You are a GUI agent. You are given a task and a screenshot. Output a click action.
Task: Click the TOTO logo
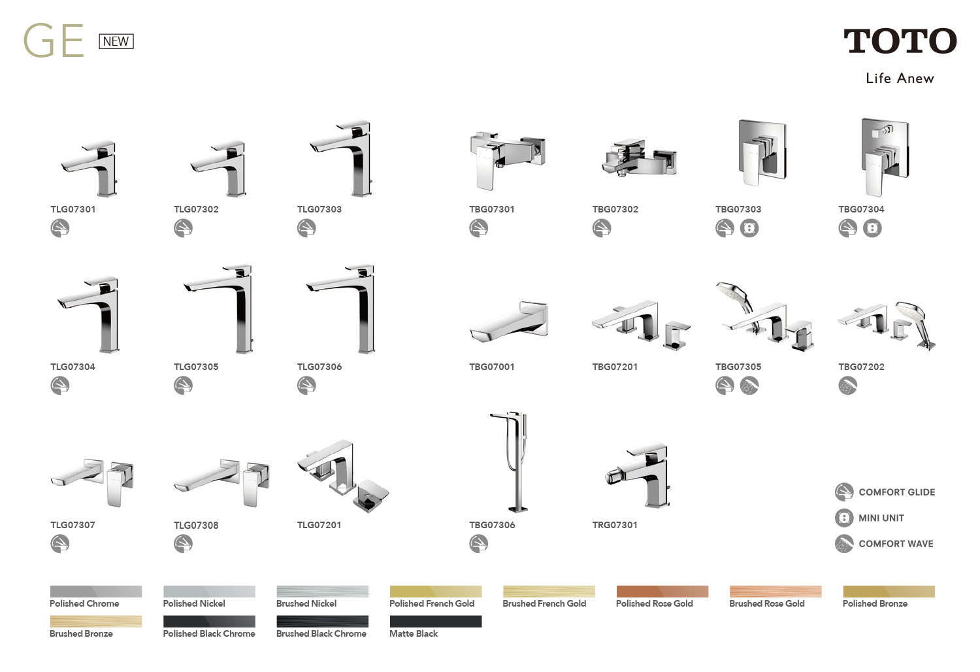tap(900, 41)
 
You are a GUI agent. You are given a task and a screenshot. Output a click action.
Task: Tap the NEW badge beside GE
tap(116, 41)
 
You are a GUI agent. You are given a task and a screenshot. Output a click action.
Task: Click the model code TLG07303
tap(319, 209)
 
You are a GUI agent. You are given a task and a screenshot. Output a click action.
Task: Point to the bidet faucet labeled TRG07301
tap(640, 475)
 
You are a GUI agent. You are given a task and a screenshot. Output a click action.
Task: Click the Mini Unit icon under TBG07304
tap(872, 228)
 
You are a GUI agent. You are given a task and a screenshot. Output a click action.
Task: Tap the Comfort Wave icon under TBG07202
tap(847, 386)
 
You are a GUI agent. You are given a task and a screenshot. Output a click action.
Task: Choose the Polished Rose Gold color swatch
tap(662, 592)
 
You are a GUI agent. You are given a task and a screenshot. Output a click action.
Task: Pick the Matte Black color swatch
tap(436, 621)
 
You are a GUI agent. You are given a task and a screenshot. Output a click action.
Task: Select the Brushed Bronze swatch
tap(96, 621)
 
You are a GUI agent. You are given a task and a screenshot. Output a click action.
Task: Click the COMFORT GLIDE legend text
tap(897, 492)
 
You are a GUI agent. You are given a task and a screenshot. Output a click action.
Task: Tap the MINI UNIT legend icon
tap(844, 518)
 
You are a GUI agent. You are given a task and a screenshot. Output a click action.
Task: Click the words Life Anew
tap(900, 78)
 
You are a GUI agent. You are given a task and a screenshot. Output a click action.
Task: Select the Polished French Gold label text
tap(432, 604)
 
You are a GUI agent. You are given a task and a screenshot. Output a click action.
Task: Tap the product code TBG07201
tap(615, 367)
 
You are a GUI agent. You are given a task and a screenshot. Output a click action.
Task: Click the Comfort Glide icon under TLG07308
tap(183, 544)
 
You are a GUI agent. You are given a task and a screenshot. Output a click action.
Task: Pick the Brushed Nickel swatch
tap(323, 592)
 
